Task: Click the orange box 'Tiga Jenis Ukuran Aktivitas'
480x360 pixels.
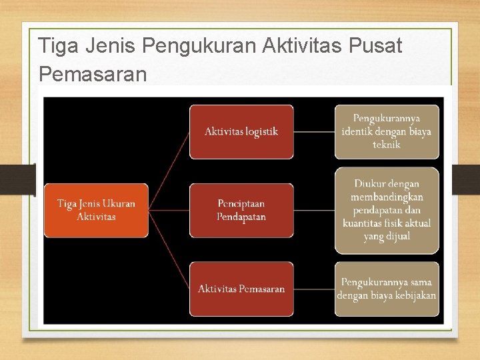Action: click(x=96, y=210)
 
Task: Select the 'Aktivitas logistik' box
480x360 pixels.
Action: click(x=241, y=131)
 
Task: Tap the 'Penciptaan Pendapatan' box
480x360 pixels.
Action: click(x=241, y=210)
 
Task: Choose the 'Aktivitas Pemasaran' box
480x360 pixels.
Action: click(x=241, y=289)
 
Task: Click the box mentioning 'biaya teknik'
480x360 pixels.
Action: click(x=387, y=131)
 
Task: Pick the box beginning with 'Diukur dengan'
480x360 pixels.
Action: click(x=387, y=210)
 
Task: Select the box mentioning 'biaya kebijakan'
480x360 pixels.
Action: click(x=387, y=289)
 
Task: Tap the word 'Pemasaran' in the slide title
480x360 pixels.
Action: click(x=93, y=73)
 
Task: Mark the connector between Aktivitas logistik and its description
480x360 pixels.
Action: click(x=314, y=131)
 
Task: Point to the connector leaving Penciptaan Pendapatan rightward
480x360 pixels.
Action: click(x=314, y=210)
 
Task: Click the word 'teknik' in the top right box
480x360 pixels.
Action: click(x=387, y=144)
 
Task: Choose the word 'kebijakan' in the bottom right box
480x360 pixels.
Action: click(x=413, y=295)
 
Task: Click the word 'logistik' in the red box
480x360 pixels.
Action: click(x=261, y=131)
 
